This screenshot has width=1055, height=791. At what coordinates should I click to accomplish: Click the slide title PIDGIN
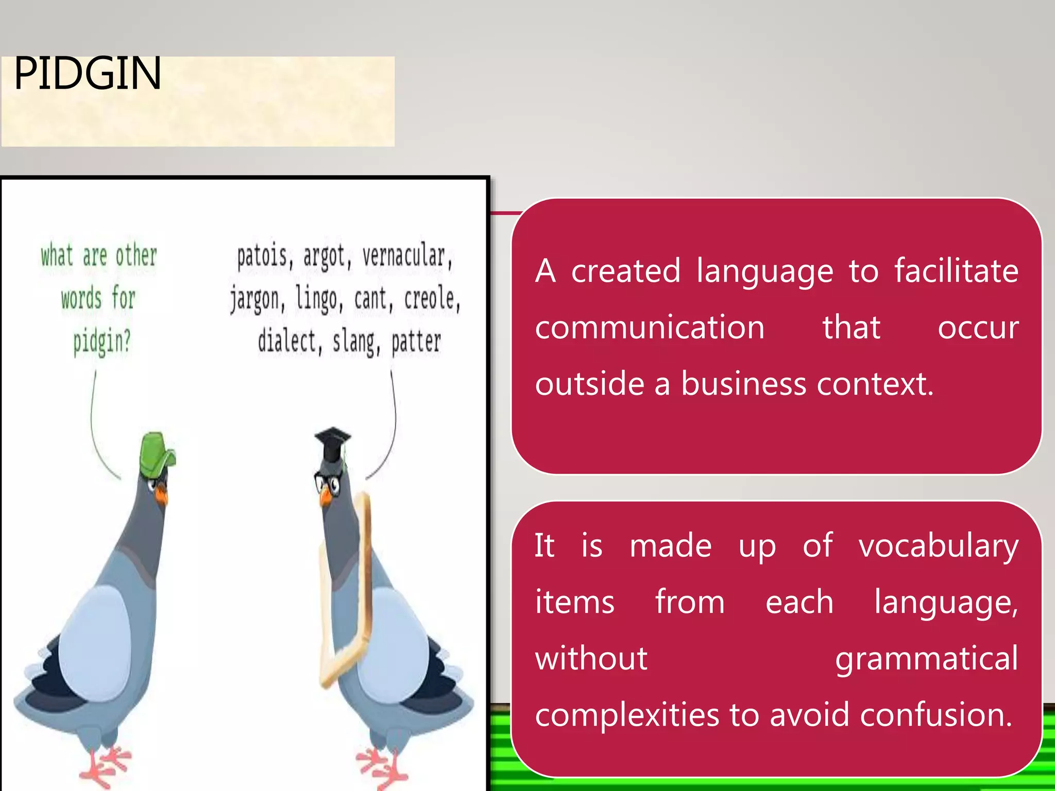(88, 74)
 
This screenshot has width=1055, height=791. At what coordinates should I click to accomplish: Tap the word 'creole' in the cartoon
(431, 299)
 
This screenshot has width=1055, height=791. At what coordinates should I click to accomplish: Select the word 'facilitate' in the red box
(956, 271)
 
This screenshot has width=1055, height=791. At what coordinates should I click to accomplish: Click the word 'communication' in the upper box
(650, 328)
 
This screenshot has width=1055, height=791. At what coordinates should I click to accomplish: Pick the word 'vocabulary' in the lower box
(938, 546)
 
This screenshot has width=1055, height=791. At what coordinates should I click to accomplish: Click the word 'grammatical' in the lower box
(926, 659)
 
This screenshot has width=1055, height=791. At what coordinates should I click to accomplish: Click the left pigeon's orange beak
(162, 495)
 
